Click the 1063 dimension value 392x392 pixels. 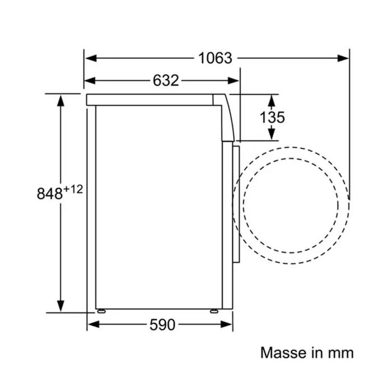point(215,58)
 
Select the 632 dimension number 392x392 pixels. point(166,81)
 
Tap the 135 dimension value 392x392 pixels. point(272,117)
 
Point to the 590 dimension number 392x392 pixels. point(162,325)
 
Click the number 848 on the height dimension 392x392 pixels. point(49,193)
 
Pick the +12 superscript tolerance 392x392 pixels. point(73,189)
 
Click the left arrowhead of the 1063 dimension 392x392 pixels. point(91,58)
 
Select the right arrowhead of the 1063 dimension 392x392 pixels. point(343,58)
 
